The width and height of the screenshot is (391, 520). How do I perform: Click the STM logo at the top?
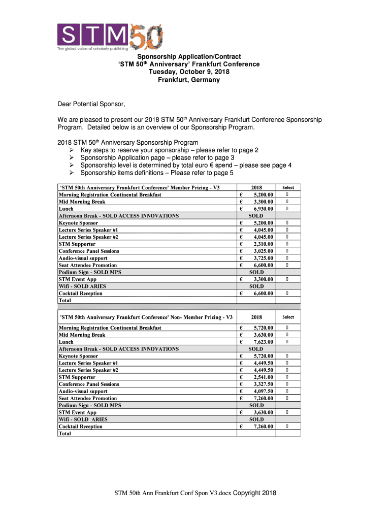(110, 37)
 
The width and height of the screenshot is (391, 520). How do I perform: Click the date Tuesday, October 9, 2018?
(188, 72)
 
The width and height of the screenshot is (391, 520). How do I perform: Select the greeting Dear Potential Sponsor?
(91, 104)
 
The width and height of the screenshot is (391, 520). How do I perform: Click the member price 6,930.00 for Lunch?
(263, 209)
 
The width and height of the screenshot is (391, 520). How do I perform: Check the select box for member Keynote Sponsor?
(287, 223)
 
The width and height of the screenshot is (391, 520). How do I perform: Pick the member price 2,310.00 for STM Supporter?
(263, 244)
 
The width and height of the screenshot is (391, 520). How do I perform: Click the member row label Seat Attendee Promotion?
(88, 265)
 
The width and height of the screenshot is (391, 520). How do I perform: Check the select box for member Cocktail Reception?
(287, 293)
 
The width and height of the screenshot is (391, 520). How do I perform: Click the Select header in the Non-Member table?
(288, 317)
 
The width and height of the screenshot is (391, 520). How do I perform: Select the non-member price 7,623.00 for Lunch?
(263, 342)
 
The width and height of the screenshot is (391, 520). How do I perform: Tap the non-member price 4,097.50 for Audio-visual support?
(263, 391)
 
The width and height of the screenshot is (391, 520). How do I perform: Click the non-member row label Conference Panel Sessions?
(89, 384)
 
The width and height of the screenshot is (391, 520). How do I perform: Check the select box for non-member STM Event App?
(287, 412)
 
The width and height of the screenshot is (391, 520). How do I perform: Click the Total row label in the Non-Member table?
(65, 434)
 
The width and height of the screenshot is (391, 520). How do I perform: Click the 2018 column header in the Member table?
(256, 187)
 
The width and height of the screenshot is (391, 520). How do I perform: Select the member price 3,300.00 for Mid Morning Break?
(263, 202)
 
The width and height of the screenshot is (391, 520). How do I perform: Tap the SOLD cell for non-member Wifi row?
(256, 419)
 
